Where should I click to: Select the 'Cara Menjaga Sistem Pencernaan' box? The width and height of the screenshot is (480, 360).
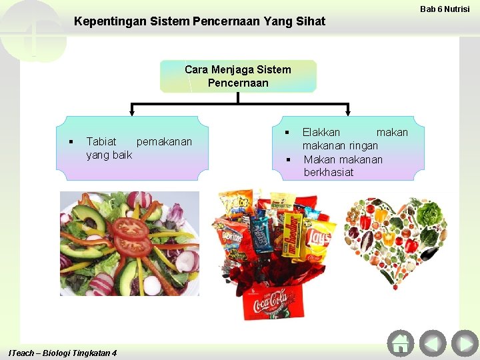(x=238, y=77)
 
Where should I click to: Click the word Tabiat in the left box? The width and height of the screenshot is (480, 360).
(x=101, y=141)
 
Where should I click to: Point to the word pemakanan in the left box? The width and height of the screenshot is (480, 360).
(x=164, y=141)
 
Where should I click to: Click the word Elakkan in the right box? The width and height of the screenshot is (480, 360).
(x=321, y=132)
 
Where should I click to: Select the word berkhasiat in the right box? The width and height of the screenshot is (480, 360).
(x=329, y=172)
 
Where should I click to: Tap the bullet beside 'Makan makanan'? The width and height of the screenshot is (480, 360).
(x=289, y=159)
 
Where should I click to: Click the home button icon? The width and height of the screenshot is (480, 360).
(x=400, y=343)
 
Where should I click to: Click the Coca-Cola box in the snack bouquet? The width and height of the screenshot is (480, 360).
(x=270, y=303)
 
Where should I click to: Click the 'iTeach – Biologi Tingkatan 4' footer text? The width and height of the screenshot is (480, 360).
(x=63, y=353)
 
